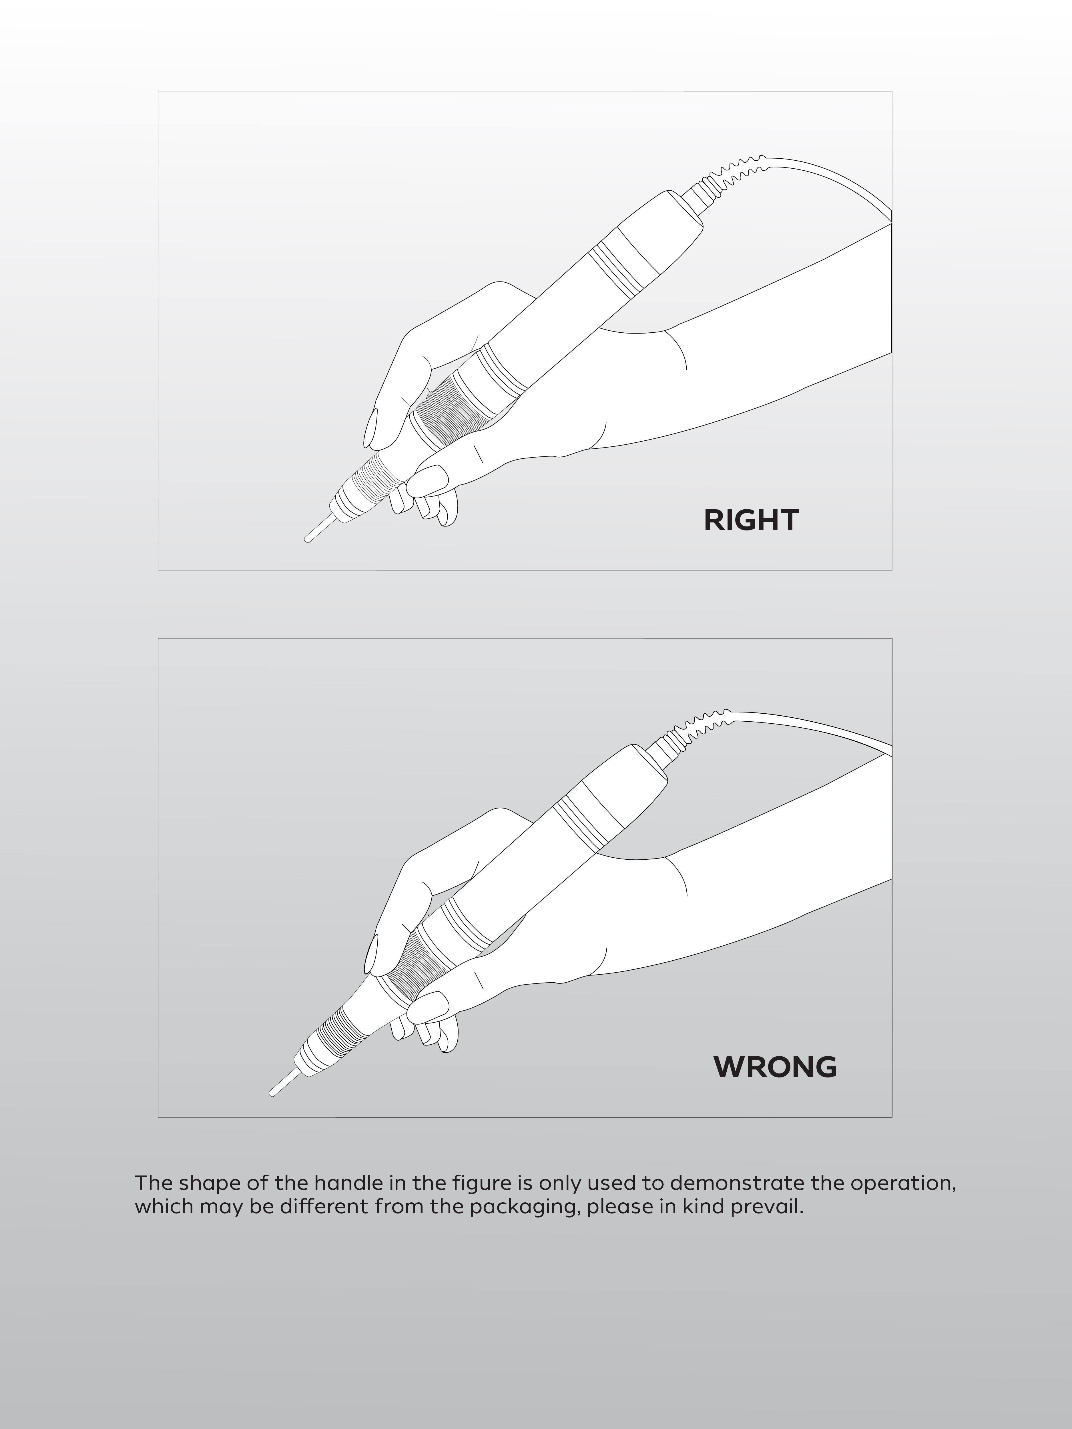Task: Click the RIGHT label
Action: [x=751, y=520]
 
